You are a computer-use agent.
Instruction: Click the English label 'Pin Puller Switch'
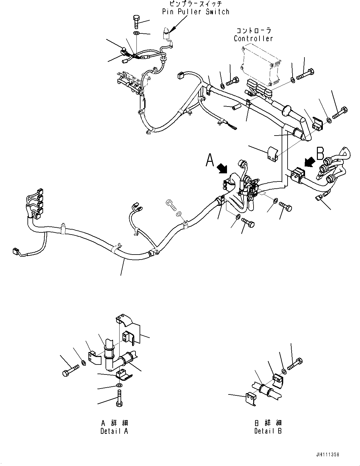click(195, 12)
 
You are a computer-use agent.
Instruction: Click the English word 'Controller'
click(253, 38)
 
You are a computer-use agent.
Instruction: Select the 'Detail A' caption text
click(114, 431)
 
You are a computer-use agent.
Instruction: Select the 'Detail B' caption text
click(268, 431)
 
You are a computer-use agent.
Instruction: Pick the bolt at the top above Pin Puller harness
click(137, 21)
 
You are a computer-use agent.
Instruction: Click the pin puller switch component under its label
click(166, 33)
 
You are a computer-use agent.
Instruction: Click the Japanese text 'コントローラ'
click(253, 31)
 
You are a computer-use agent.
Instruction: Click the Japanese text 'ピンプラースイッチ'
click(195, 4)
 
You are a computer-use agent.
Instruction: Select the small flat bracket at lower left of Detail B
click(251, 399)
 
